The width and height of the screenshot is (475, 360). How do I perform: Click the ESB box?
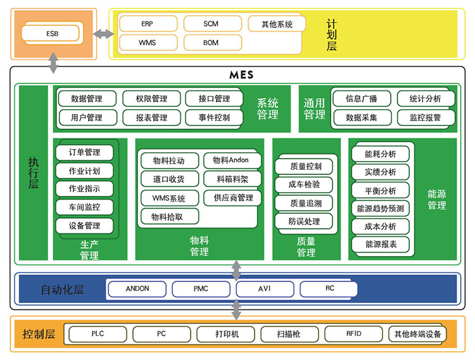51,33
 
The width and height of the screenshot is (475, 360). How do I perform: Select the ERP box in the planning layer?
147,24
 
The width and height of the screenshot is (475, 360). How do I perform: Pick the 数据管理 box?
87,99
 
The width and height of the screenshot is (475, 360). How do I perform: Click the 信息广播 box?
361,99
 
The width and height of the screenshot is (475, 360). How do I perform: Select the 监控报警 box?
425,117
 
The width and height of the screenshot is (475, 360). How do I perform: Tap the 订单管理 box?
84,152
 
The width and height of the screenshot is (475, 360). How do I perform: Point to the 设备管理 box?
84,226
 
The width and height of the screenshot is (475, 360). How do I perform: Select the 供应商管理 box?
229,198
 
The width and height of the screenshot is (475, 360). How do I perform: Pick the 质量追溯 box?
305,203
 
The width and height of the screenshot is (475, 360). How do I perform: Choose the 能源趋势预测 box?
381,209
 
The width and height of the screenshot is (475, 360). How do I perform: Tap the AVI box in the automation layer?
265,288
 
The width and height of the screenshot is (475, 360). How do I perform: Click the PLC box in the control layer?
97,333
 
